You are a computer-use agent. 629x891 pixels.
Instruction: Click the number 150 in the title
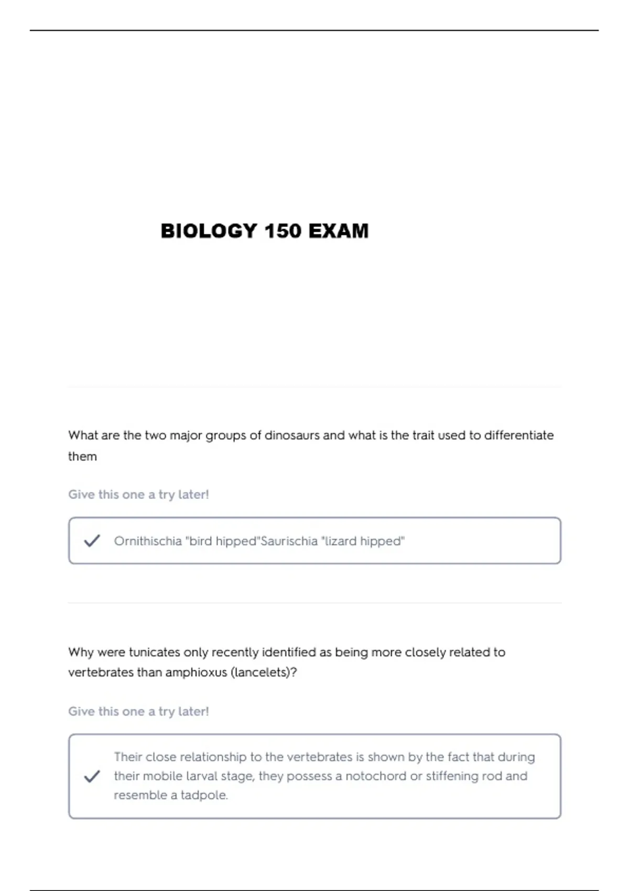point(283,231)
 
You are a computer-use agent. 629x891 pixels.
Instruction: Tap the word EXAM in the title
point(338,231)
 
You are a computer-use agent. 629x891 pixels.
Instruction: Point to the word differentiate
point(518,436)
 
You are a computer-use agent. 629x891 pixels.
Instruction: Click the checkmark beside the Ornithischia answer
point(92,540)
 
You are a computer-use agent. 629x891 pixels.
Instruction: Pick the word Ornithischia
point(148,541)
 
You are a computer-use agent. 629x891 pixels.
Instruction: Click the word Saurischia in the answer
point(289,541)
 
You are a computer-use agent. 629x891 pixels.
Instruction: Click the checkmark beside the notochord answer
point(92,776)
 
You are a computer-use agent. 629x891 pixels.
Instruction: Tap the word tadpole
point(204,796)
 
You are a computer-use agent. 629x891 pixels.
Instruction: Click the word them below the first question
point(82,457)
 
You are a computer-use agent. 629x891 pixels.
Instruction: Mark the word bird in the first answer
point(201,541)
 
